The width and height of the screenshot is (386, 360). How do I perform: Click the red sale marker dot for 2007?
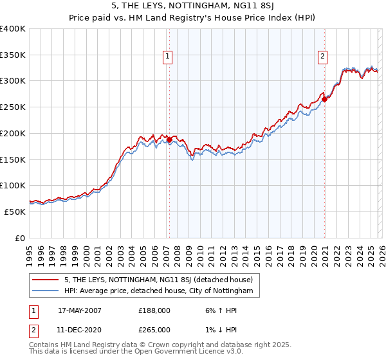169,139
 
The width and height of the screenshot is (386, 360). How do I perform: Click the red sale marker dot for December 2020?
325,99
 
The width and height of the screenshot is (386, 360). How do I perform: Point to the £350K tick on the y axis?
13,55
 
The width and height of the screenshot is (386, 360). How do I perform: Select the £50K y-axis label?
15,212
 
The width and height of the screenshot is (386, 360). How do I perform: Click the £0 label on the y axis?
19,238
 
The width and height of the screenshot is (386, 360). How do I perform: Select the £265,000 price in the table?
154,329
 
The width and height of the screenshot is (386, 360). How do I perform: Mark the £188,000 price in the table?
154,310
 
